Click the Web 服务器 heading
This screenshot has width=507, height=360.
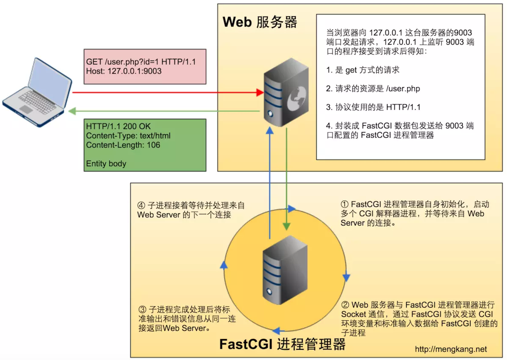click(x=260, y=22)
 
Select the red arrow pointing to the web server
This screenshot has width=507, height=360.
click(x=166, y=92)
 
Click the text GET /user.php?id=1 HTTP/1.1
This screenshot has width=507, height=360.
click(x=140, y=62)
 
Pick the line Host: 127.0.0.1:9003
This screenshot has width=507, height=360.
click(x=123, y=71)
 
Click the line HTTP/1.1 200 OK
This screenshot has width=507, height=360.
click(x=118, y=127)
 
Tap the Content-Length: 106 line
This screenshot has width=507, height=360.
click(x=123, y=145)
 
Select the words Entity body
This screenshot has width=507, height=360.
click(x=106, y=164)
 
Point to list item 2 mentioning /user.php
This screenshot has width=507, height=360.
click(x=373, y=89)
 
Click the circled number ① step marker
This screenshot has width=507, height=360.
click(x=345, y=204)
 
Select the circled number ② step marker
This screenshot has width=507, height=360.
click(x=345, y=305)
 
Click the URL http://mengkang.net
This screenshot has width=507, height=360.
click(x=450, y=349)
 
